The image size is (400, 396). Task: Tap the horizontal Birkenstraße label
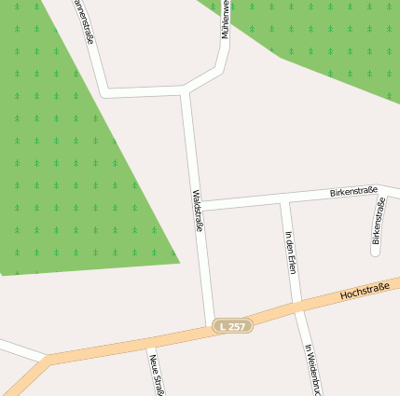[x=353, y=192]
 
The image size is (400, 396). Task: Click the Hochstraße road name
[x=365, y=293]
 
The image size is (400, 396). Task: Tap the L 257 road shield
[x=232, y=326]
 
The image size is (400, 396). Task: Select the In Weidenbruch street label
[x=312, y=369]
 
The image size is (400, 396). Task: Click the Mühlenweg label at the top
[x=225, y=19]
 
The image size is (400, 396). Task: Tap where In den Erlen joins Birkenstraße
[x=282, y=200]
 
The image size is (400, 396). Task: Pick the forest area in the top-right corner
[x=326, y=37]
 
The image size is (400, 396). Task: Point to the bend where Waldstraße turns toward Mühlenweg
[x=186, y=90]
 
